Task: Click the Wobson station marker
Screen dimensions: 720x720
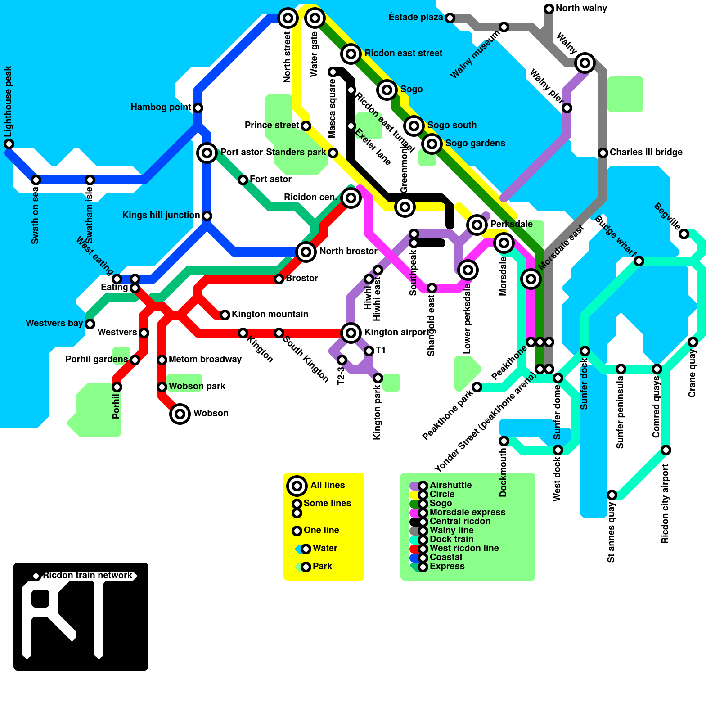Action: point(180,414)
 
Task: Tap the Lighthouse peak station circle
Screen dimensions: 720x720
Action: point(9,144)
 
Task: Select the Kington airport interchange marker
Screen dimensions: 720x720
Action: point(351,333)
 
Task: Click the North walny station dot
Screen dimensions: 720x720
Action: point(549,9)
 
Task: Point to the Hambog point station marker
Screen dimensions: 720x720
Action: point(198,108)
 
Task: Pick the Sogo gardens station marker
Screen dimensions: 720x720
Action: point(432,144)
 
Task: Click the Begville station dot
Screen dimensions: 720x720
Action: point(684,234)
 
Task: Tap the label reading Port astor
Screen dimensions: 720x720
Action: point(241,152)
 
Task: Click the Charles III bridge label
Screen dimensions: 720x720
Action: point(646,152)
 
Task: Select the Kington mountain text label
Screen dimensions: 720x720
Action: point(270,314)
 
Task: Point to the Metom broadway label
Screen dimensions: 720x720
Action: point(205,359)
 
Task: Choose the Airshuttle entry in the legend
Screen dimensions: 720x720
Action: point(450,485)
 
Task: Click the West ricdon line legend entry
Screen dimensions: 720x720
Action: point(464,548)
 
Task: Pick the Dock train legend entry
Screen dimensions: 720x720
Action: point(451,539)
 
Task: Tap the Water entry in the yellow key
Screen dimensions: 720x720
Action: point(324,548)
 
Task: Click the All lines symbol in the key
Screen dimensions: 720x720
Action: point(297,486)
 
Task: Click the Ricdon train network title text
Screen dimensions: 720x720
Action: point(88,575)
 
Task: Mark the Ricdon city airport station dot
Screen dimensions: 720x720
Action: point(666,450)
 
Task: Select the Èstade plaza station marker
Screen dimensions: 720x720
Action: point(450,18)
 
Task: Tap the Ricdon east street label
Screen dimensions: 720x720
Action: point(403,53)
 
